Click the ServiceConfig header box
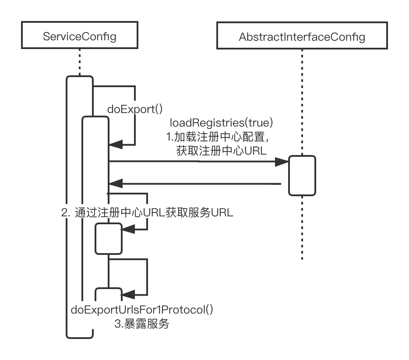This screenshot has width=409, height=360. tap(80, 36)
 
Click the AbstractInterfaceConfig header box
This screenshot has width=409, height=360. tap(302, 37)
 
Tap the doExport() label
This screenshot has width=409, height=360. tap(135, 109)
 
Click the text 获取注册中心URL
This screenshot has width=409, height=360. tap(221, 151)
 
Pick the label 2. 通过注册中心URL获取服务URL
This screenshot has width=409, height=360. tap(147, 213)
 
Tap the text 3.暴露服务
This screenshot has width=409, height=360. tap(142, 324)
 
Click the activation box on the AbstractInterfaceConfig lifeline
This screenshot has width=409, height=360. tap(302, 175)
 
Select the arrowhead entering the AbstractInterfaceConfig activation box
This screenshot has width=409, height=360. tap(282, 162)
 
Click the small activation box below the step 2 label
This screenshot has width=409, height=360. tap(109, 238)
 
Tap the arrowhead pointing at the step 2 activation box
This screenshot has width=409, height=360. tap(127, 229)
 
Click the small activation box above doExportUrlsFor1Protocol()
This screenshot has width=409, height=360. tap(108, 295)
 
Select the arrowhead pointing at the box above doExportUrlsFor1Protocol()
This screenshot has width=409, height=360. tap(127, 294)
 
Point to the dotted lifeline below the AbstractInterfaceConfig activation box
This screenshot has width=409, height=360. tap(302, 228)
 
